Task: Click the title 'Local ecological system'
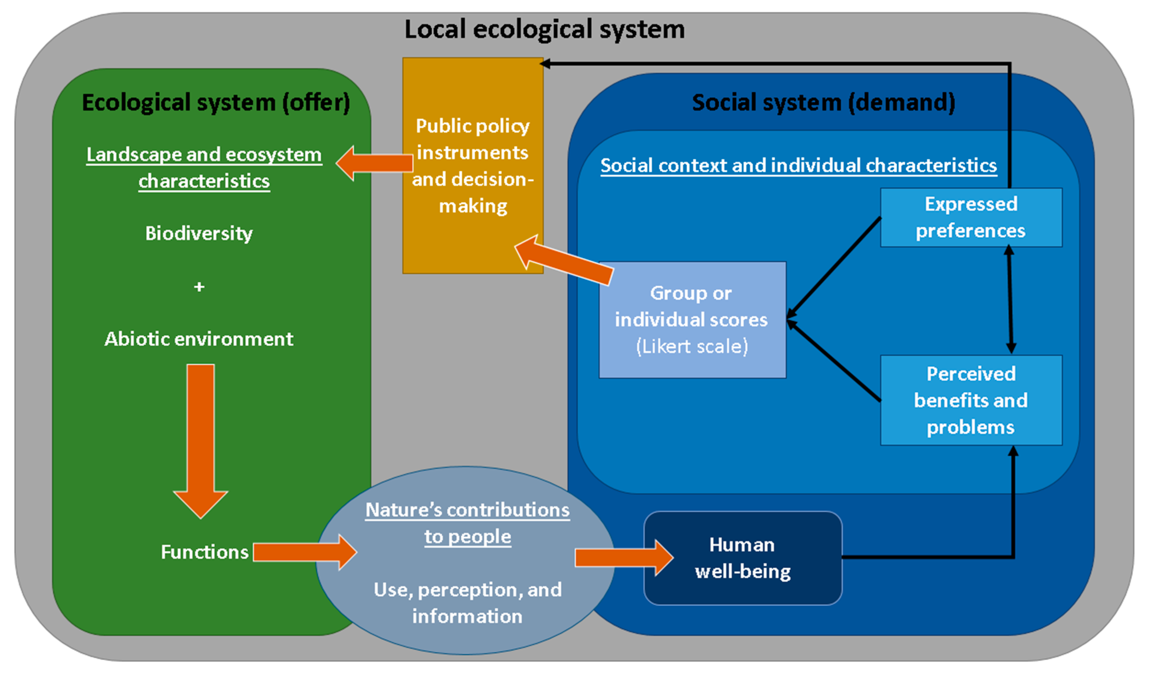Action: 544,29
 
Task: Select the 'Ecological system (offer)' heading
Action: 216,102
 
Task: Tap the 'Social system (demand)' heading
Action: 824,102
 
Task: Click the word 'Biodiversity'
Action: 199,234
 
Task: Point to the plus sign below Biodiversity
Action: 199,287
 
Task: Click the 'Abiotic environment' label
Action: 199,339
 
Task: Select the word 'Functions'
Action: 205,552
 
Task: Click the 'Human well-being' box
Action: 743,558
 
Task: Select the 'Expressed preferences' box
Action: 971,217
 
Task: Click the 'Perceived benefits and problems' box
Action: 971,400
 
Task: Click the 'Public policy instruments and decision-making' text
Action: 473,165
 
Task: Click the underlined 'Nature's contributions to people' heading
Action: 467,523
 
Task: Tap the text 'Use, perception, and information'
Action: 467,603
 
